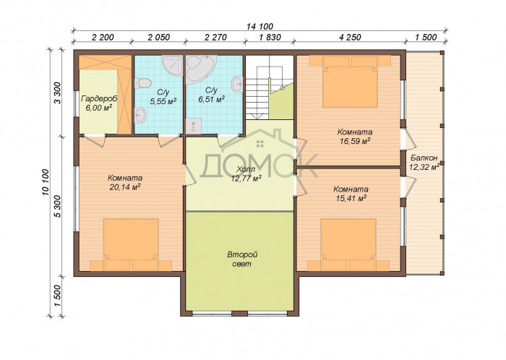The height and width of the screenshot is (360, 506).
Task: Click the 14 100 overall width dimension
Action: coord(260,27)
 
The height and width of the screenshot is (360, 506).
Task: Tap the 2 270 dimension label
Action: coord(216,38)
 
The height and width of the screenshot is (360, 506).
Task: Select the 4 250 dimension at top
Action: coord(350,38)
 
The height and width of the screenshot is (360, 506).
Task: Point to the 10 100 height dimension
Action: coord(45,182)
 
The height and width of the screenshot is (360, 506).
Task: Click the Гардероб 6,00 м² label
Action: coord(99,103)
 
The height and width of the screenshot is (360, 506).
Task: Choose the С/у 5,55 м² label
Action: coord(163,97)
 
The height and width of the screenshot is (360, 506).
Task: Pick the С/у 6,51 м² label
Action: coord(211,95)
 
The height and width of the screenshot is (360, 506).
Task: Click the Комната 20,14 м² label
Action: coord(125,182)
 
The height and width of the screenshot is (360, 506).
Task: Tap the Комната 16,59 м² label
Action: coord(355,137)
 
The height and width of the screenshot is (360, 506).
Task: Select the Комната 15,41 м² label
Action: coord(351,194)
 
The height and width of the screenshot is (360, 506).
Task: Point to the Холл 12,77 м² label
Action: coord(246,174)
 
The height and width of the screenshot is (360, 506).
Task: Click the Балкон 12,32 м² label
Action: coord(424,162)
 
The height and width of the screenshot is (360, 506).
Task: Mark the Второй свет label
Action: coord(242,260)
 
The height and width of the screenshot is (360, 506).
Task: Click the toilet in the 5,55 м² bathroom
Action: coord(142,83)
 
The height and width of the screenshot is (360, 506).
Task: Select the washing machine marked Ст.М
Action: coord(194,126)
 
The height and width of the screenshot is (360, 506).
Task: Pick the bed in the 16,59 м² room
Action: coord(350,82)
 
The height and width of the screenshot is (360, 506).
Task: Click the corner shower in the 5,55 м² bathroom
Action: coord(172,66)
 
